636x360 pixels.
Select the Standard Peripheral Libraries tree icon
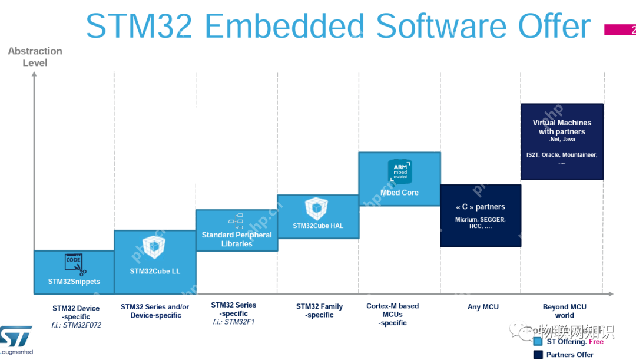point(237,221)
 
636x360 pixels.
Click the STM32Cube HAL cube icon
point(317,209)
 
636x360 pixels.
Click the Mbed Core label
point(399,193)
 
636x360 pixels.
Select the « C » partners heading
point(480,207)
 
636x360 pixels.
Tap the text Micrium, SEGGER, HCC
point(480,223)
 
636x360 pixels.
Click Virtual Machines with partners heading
point(562,127)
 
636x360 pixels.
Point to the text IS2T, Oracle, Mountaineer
point(562,154)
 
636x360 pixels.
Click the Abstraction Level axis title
point(35,57)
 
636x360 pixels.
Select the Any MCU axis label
point(483,307)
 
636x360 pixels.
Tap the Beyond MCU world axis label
point(564,311)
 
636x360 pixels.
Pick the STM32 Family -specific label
point(319,311)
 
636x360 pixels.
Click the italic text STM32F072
point(82,325)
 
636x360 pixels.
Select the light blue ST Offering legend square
point(538,341)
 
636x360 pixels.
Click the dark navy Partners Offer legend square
point(538,354)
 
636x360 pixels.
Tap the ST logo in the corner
point(16,338)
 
